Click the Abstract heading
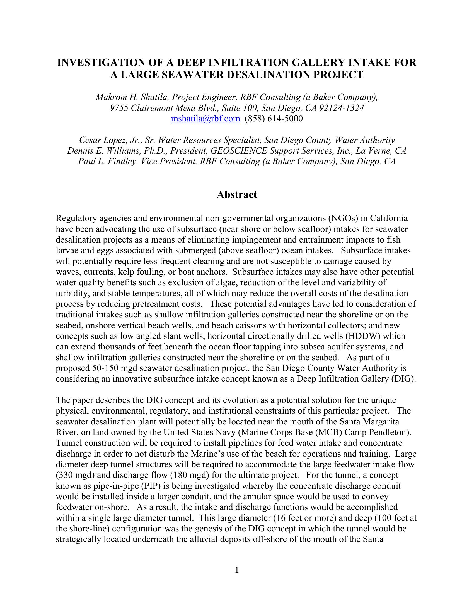[237, 195]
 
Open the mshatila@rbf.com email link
[205, 119]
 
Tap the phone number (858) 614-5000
[274, 119]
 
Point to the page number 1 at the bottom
[237, 570]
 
